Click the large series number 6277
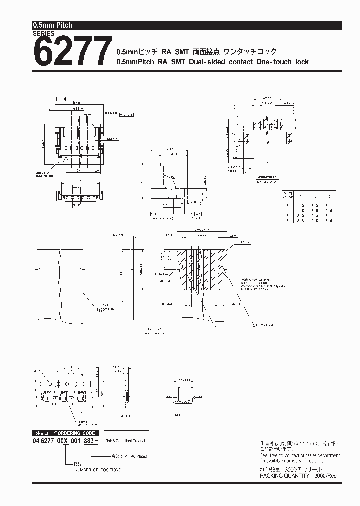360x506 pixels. click(x=72, y=52)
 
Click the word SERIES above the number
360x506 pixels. click(x=44, y=34)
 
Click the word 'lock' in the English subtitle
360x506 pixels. click(x=301, y=62)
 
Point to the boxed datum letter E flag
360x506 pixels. click(x=59, y=99)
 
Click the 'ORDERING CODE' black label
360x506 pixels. click(x=75, y=433)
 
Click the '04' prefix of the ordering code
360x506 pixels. click(x=37, y=442)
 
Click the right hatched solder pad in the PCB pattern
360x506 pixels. click(x=289, y=137)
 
